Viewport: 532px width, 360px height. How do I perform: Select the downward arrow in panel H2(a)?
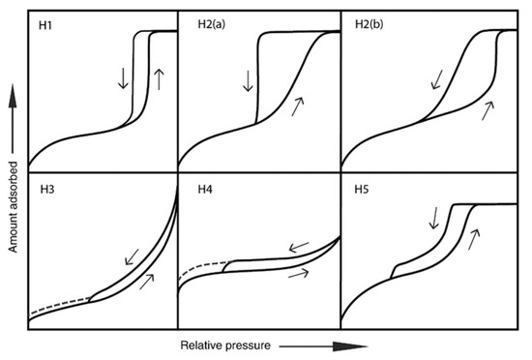pos(248,77)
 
